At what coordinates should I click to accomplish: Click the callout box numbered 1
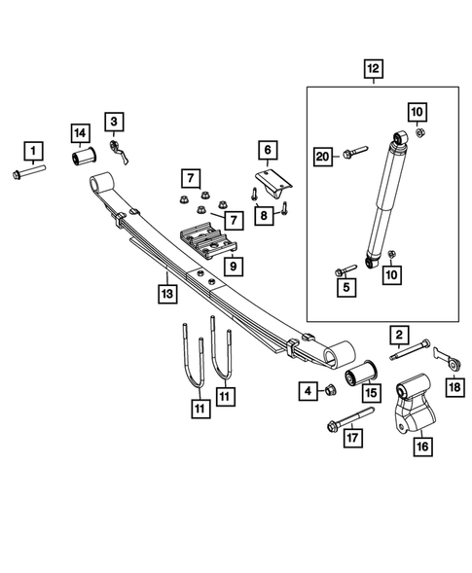click(34, 150)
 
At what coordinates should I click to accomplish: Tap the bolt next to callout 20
click(353, 151)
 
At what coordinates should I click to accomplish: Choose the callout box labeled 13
click(166, 290)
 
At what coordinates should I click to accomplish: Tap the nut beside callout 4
click(329, 392)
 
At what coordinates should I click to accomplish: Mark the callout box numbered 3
click(115, 122)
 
